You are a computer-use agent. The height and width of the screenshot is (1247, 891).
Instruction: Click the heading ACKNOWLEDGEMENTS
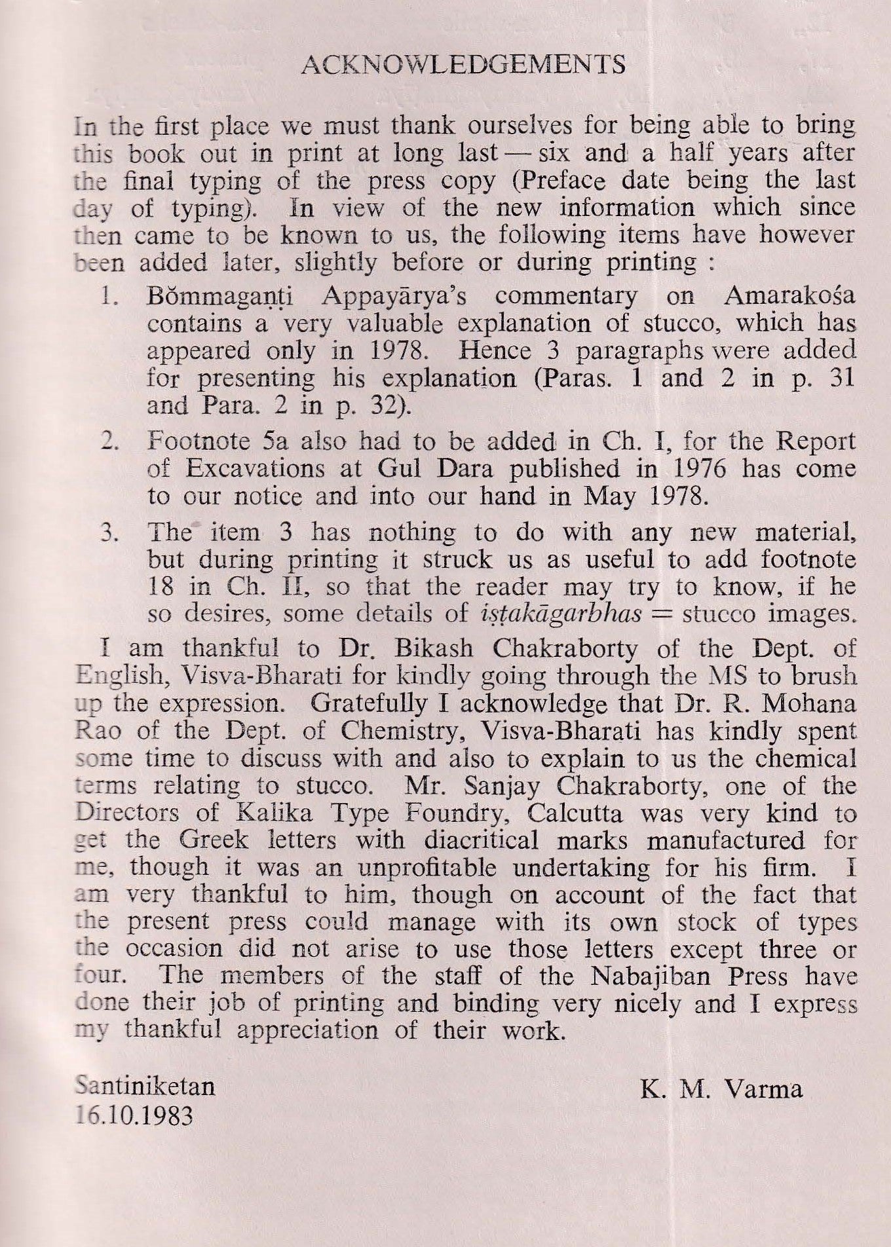click(x=466, y=64)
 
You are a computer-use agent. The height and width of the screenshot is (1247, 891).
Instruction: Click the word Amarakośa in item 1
click(x=789, y=296)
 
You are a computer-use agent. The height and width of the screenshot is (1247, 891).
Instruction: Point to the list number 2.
click(x=109, y=441)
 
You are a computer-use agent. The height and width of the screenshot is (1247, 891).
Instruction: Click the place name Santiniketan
click(x=145, y=1087)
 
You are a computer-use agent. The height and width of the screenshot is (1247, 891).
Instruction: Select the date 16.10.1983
click(x=134, y=1115)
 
